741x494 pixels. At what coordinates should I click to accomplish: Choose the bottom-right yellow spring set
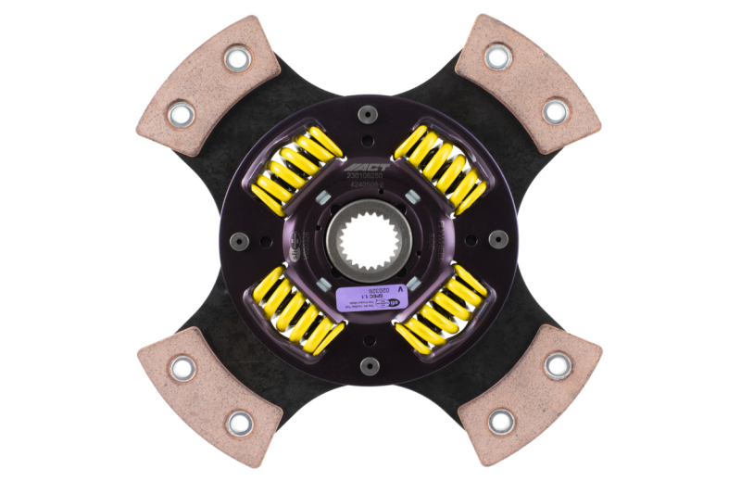[x=443, y=312]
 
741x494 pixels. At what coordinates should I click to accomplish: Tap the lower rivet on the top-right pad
[x=555, y=112]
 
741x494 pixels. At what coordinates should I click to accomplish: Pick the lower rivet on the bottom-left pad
[x=238, y=422]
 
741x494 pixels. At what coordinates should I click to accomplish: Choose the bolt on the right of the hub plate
[x=496, y=239]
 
